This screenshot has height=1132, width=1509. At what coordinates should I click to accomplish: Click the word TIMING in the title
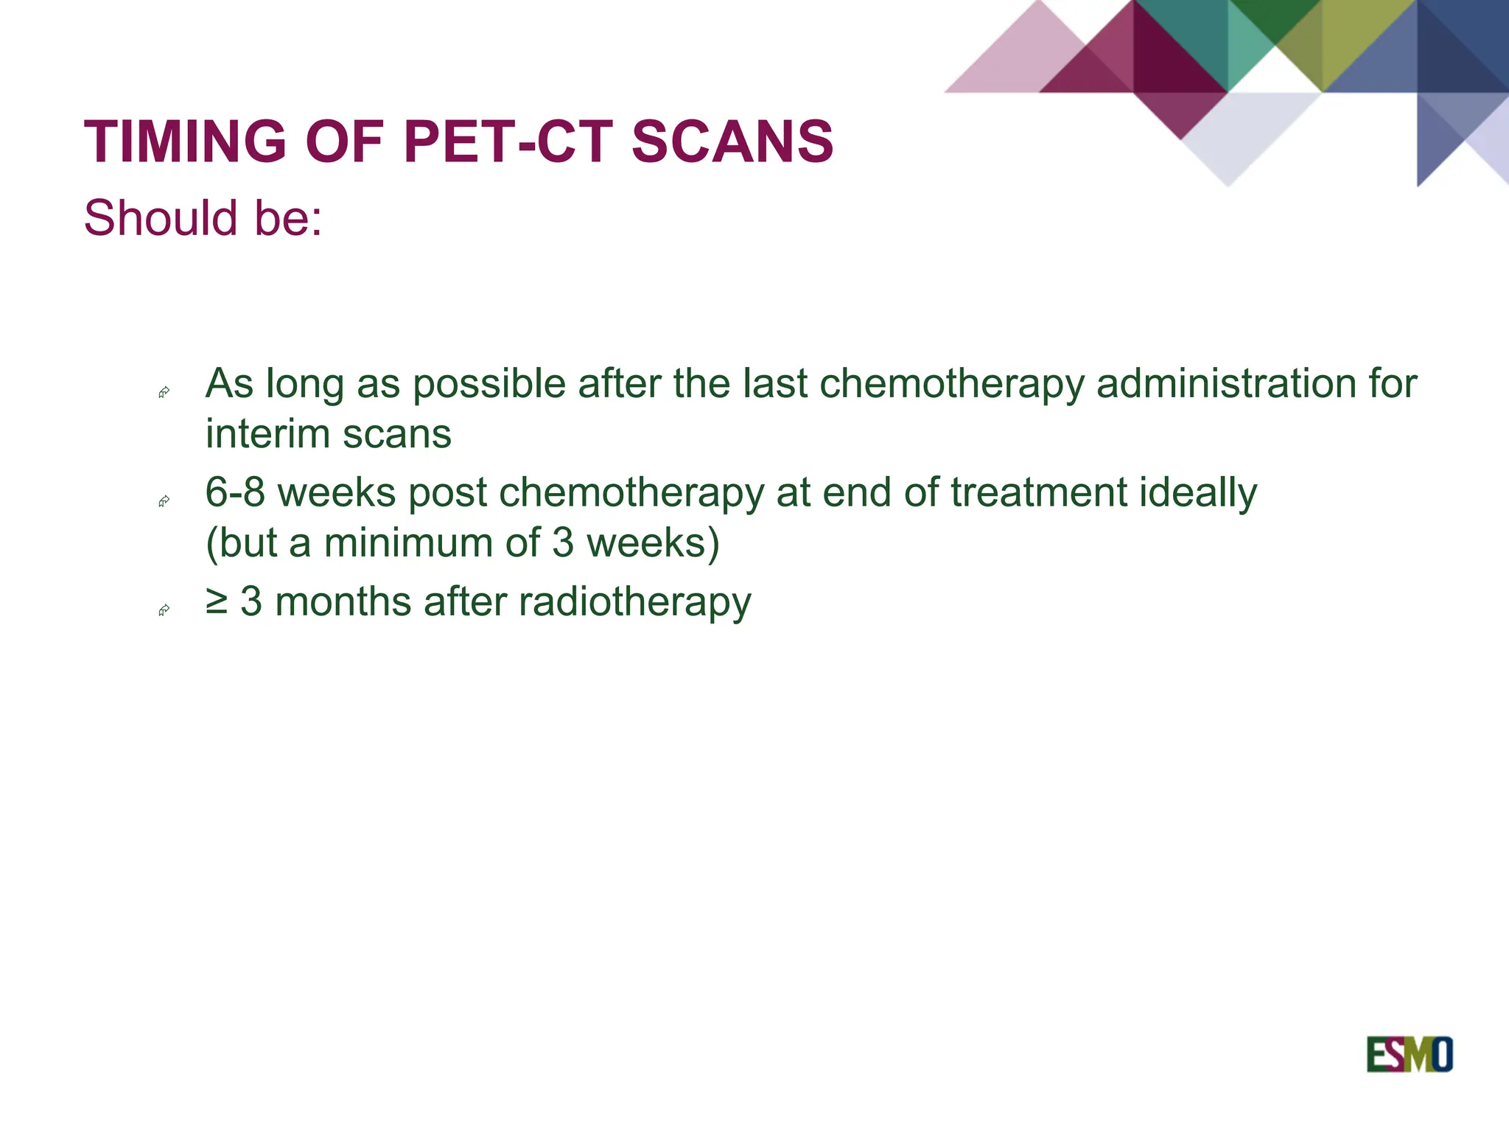[x=185, y=141]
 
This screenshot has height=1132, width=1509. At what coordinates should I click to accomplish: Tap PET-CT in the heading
[x=508, y=141]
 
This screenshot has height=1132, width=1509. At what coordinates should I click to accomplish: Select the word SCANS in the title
[x=732, y=141]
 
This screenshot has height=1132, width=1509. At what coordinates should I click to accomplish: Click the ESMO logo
[x=1409, y=1055]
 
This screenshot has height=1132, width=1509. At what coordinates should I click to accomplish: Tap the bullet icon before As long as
[x=164, y=393]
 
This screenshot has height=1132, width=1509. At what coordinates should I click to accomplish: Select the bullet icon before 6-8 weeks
[x=164, y=502]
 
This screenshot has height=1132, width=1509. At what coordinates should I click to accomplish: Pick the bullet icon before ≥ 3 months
[x=164, y=610]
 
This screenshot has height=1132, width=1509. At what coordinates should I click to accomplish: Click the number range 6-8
[x=234, y=492]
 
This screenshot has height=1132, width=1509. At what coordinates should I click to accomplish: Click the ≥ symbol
[x=217, y=601]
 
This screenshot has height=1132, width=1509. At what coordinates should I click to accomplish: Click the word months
[x=343, y=601]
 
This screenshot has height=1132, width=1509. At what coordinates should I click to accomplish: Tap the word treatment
[x=1039, y=492]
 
